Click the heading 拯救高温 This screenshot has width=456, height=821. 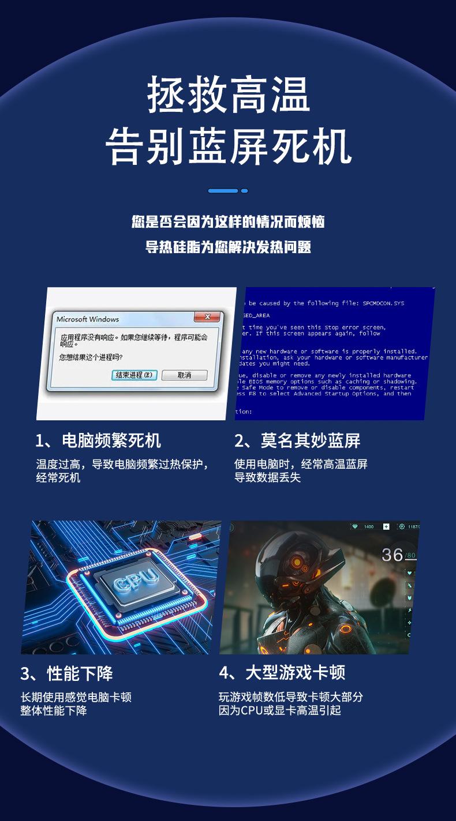(229, 95)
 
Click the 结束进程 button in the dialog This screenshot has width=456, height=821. (133, 375)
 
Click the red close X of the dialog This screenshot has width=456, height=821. (206, 317)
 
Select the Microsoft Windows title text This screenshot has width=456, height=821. (88, 319)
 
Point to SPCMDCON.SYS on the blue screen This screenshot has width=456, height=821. (384, 303)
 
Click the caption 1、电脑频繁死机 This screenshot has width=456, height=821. (98, 441)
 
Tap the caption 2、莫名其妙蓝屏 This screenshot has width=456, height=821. (297, 441)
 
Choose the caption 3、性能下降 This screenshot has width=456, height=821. (66, 673)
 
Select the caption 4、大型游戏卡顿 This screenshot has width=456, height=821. (282, 672)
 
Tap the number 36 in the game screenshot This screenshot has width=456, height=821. (393, 555)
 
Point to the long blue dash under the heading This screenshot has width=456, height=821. (223, 191)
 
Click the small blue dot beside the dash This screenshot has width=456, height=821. (244, 191)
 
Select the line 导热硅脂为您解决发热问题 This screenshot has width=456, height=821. (228, 248)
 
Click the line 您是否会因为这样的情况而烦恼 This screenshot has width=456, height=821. (228, 222)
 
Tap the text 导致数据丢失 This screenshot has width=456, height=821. (267, 478)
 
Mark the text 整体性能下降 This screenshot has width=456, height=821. (54, 711)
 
